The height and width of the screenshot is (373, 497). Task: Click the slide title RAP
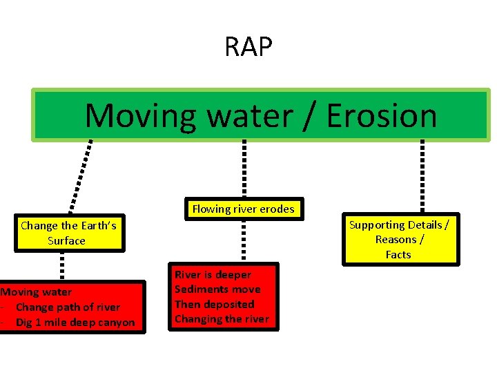pyautogui.click(x=248, y=47)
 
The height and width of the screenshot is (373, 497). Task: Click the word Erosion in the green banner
pyautogui.click(x=382, y=115)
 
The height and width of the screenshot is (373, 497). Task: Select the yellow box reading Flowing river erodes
pyautogui.click(x=243, y=209)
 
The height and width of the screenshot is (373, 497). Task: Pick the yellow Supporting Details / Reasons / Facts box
pyautogui.click(x=398, y=239)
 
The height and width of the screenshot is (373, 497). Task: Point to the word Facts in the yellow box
pyautogui.click(x=398, y=254)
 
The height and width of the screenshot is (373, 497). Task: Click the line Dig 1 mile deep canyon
pyautogui.click(x=75, y=322)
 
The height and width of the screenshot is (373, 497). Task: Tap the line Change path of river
pyautogui.click(x=67, y=307)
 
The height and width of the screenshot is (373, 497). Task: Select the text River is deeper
pyautogui.click(x=213, y=274)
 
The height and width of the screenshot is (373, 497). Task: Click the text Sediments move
pyautogui.click(x=217, y=289)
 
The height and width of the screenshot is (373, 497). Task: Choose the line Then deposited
pyautogui.click(x=214, y=304)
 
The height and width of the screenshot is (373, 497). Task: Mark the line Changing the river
pyautogui.click(x=222, y=318)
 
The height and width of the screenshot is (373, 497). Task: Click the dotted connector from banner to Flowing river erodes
pyautogui.click(x=243, y=169)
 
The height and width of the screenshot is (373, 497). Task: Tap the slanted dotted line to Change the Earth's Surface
pyautogui.click(x=79, y=176)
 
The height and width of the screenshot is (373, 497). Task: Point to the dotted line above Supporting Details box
pyautogui.click(x=422, y=176)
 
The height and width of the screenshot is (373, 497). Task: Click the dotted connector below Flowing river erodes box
pyautogui.click(x=243, y=240)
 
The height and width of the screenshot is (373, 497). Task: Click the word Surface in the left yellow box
pyautogui.click(x=66, y=240)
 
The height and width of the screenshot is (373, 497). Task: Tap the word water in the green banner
pyautogui.click(x=248, y=115)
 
